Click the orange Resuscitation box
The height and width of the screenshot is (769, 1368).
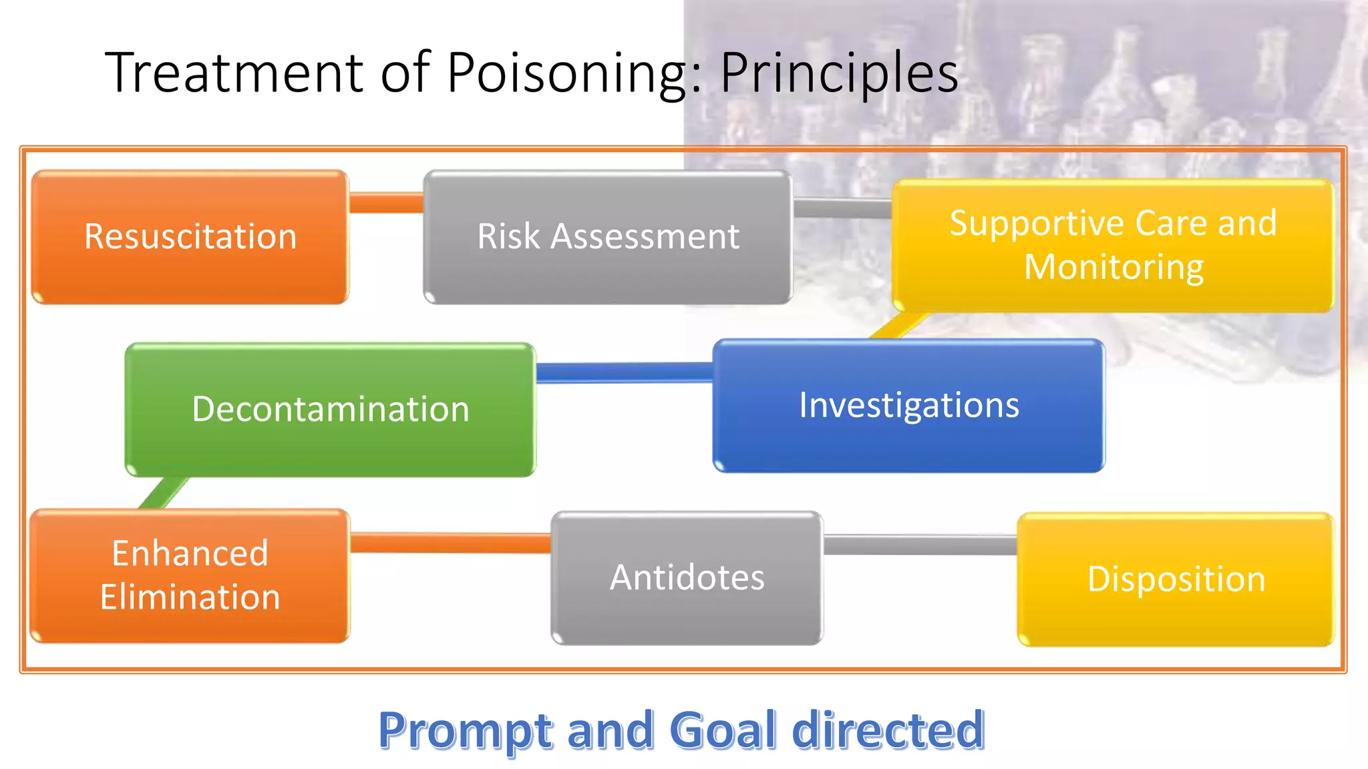pos(190,237)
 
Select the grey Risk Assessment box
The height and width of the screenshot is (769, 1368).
pos(608,237)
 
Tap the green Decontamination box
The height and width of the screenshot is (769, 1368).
pos(331,409)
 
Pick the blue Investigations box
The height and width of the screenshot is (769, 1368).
pos(908,405)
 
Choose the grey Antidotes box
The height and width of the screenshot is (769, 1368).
pos(687,578)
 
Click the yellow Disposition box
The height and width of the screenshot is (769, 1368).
pos(1176,579)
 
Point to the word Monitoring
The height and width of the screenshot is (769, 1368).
pos(1114,267)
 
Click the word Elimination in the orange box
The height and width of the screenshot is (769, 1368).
pos(190,597)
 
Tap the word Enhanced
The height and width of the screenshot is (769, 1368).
pos(190,553)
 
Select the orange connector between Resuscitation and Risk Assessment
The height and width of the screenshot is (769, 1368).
pos(386,203)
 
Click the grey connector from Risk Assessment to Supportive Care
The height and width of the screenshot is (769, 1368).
pos(842,208)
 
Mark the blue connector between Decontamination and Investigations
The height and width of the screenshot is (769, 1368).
pos(624,372)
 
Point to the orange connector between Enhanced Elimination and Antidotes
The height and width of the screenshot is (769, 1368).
pos(450,543)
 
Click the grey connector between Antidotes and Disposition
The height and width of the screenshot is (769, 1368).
pos(920,545)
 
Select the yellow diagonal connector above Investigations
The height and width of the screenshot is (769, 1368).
pos(898,326)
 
